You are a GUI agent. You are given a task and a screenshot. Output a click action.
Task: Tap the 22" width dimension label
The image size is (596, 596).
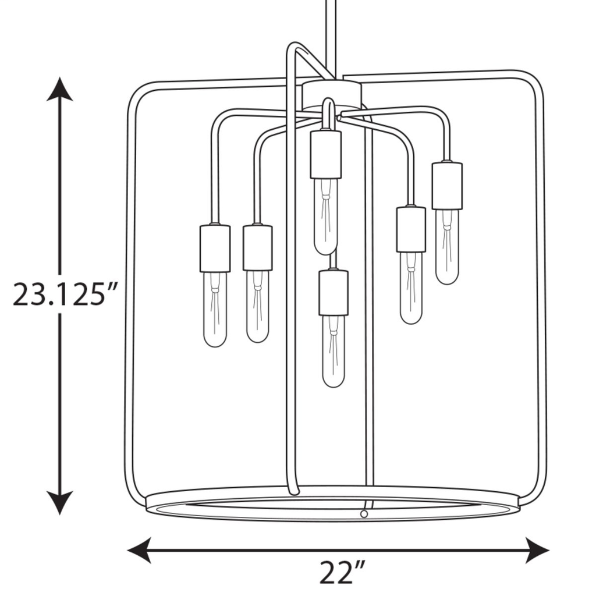pyautogui.click(x=342, y=572)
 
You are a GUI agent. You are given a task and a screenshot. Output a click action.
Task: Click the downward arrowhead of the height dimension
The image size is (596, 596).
pyautogui.click(x=59, y=502)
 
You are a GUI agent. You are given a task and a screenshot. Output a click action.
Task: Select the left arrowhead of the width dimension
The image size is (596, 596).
pyautogui.click(x=139, y=549)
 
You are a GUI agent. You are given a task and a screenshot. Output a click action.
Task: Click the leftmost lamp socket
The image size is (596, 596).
pyautogui.click(x=215, y=249)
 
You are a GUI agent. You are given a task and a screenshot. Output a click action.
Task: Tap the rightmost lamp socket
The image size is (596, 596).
pyautogui.click(x=446, y=185)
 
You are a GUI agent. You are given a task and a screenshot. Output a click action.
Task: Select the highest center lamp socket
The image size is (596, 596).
pyautogui.click(x=325, y=154)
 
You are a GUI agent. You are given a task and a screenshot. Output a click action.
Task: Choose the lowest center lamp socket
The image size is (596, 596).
pyautogui.click(x=334, y=292)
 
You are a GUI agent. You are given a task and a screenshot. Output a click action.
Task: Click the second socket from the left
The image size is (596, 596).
pyautogui.click(x=257, y=247)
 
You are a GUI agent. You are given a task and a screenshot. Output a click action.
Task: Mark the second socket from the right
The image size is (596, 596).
pyautogui.click(x=411, y=229)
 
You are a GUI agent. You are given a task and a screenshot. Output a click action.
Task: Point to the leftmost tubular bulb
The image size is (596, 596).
pyautogui.click(x=215, y=309)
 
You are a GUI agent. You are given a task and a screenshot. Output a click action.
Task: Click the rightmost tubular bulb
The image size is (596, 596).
pyautogui.click(x=446, y=247)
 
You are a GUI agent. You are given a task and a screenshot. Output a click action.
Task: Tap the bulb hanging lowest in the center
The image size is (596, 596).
pyautogui.click(x=334, y=351)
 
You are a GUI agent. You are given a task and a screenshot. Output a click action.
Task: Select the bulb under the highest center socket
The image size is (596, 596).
pyautogui.click(x=325, y=216)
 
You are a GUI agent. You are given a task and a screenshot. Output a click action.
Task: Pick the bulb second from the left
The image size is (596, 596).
pyautogui.click(x=257, y=306)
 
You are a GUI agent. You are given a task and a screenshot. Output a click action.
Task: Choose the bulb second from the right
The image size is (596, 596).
pyautogui.click(x=411, y=288)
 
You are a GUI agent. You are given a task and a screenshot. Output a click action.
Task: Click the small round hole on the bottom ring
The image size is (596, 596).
pyautogui.click(x=364, y=514)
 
